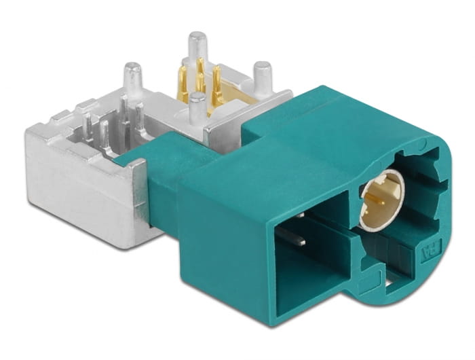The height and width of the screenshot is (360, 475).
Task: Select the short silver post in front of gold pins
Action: point(197,109)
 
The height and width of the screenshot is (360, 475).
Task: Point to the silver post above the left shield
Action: point(133,78)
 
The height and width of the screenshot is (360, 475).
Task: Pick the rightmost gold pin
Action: point(216,85)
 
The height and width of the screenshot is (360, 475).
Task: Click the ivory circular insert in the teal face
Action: point(382,201)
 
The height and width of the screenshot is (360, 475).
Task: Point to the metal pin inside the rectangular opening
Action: point(293,234)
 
